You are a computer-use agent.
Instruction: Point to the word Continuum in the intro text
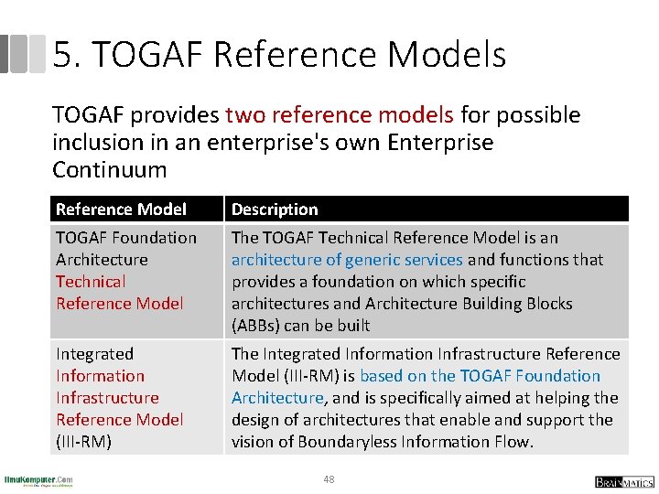pos(110,170)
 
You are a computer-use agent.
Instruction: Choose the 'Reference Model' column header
pos(121,209)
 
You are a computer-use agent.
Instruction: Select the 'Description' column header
pos(275,209)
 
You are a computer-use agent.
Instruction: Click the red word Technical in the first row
pos(91,282)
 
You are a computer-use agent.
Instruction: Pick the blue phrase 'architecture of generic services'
pos(347,260)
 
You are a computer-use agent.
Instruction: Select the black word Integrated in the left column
pos(94,354)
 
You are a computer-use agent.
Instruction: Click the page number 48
pos(329,479)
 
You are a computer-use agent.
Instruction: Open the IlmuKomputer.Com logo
pos(38,480)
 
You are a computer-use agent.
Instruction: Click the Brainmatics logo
pos(624,481)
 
